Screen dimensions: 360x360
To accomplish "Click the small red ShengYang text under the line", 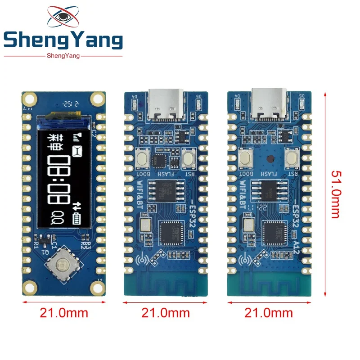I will (x=63, y=56).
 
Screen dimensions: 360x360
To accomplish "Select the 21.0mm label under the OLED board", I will (x=64, y=312).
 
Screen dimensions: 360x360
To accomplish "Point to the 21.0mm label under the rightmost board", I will (x=269, y=312).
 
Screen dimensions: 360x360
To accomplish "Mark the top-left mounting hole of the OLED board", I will (x=30, y=98).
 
